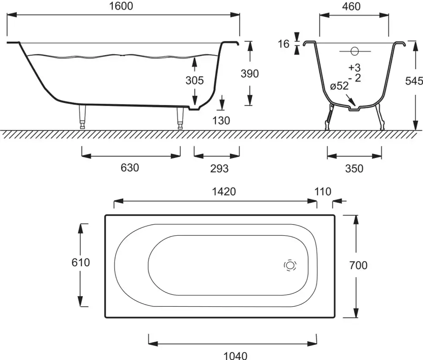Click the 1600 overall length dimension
coord(121,6)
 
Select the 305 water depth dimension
coord(195,80)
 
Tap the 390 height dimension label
coord(250,74)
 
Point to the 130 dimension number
coord(221,120)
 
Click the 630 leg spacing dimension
coord(130,168)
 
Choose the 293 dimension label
coord(219,169)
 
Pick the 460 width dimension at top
coord(351,6)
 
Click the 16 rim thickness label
coord(283,44)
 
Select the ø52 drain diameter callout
coord(339,86)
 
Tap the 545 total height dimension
coord(414,81)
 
